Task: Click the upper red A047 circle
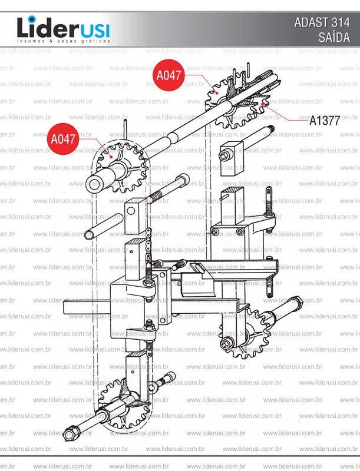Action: (x=169, y=75)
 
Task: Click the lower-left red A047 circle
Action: (x=63, y=139)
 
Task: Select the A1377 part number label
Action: (x=325, y=121)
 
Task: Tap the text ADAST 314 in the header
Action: (x=322, y=22)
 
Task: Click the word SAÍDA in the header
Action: (x=334, y=37)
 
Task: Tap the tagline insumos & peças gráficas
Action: (x=64, y=41)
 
